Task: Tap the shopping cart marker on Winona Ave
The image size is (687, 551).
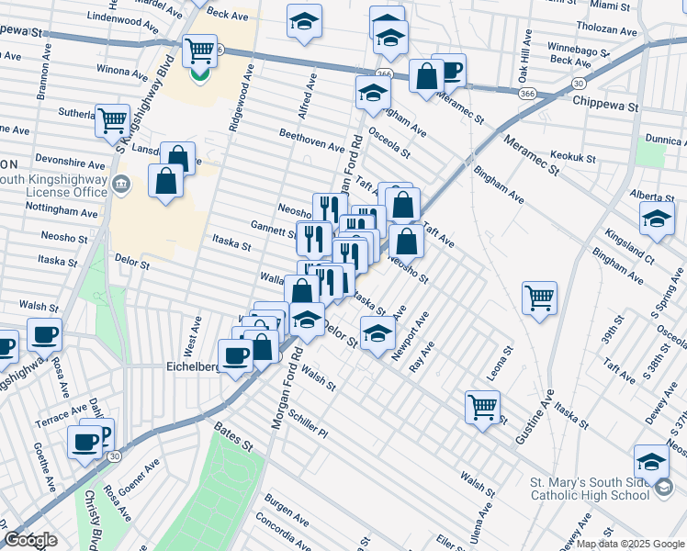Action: coord(199,51)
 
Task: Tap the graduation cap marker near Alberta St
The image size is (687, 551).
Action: coord(656,219)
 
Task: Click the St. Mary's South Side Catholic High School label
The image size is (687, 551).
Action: coord(588,489)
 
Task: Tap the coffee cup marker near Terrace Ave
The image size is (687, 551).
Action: coord(85,442)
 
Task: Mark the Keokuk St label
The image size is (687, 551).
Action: coord(573,156)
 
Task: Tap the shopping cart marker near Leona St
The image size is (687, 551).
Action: coord(482,406)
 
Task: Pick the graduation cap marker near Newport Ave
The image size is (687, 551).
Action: coord(377,333)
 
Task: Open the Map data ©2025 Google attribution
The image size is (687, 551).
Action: coord(629,543)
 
